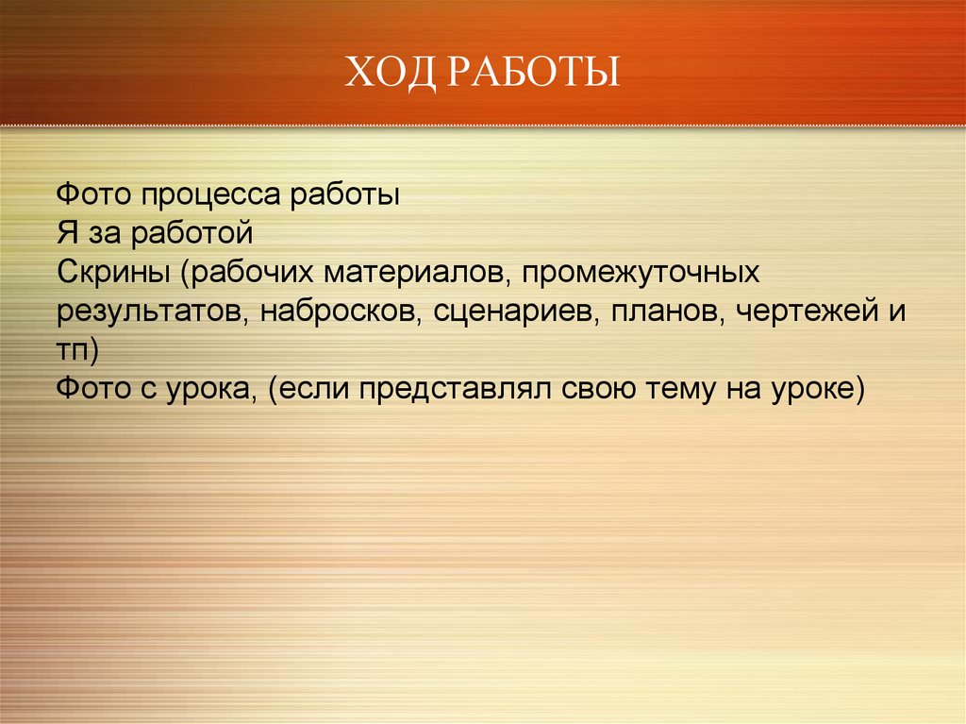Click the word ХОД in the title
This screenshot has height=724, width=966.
390,72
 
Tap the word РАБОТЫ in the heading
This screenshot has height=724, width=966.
534,72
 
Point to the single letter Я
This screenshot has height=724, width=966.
67,233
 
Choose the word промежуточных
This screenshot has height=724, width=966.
641,273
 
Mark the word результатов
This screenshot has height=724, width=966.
153,312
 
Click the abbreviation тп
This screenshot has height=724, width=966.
73,350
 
